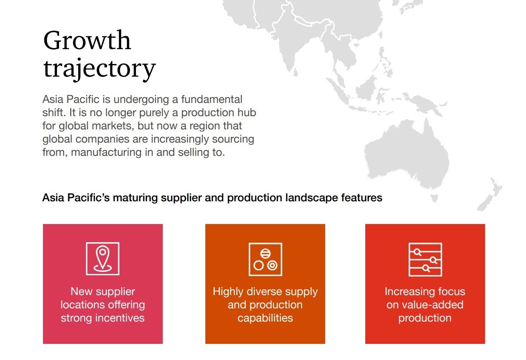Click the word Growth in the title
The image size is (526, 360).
coord(87,40)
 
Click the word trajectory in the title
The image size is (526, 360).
coord(100,69)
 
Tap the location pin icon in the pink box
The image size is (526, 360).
coord(102,259)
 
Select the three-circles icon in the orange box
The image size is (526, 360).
coord(265,259)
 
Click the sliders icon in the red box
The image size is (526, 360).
coord(425,260)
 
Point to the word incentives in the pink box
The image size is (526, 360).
coord(120,318)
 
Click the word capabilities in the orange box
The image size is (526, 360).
coord(265,318)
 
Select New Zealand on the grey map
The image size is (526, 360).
coord(490,195)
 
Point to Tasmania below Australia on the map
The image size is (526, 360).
coord(434,198)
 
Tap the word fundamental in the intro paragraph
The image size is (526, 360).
coord(212,99)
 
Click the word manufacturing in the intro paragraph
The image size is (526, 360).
coord(106,153)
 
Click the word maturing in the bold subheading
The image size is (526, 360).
coord(135,198)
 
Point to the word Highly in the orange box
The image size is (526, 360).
coord(228,292)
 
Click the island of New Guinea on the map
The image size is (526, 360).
coord(423,103)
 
